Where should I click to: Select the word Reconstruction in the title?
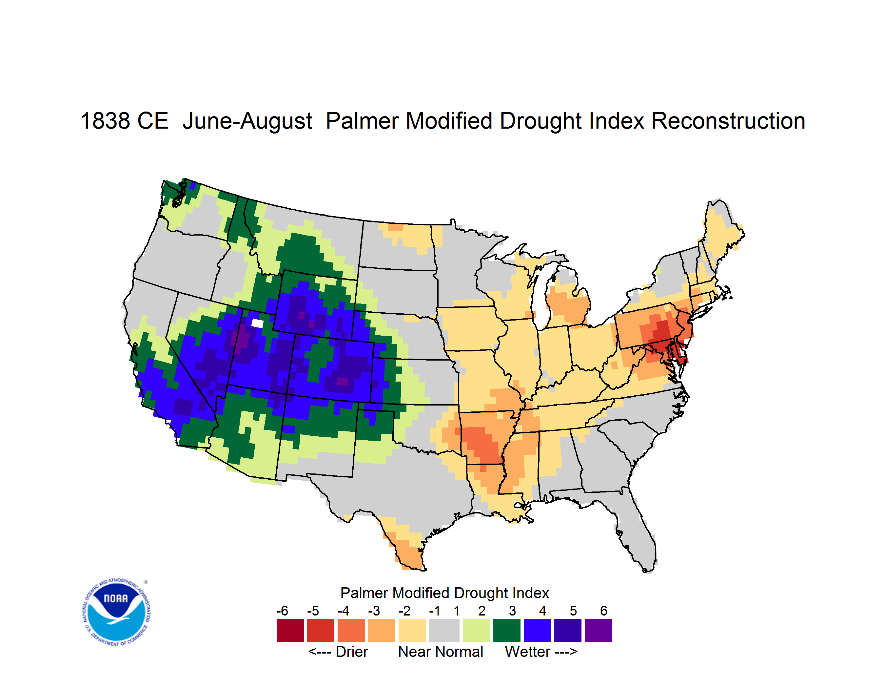click(x=728, y=121)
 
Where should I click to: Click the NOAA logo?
click(x=116, y=612)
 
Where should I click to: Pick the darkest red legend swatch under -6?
click(x=290, y=630)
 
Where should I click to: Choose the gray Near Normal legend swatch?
click(x=444, y=630)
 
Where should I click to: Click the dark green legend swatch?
click(x=506, y=630)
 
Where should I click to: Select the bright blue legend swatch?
click(x=537, y=630)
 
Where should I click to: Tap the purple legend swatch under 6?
click(x=598, y=630)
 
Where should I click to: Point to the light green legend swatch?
click(x=476, y=630)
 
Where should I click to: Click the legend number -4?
click(x=343, y=610)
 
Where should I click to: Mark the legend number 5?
click(x=573, y=610)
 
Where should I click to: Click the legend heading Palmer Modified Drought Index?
click(x=444, y=593)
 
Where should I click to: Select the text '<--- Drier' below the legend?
click(x=338, y=652)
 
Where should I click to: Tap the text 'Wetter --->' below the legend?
click(x=541, y=652)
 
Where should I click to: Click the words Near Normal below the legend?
click(x=441, y=652)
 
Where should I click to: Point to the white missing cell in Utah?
click(x=257, y=323)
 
